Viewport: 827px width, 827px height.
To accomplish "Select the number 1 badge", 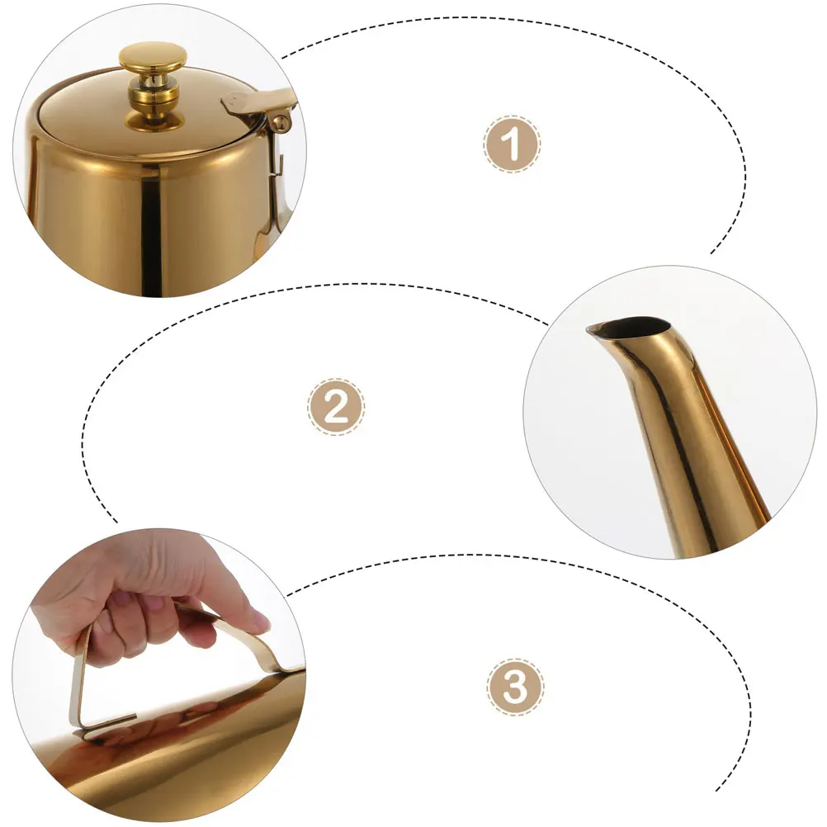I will tap(512, 144).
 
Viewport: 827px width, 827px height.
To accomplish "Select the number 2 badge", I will tap(336, 407).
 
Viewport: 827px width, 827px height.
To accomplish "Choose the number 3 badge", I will tap(515, 687).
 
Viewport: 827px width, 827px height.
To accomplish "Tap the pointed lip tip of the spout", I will tap(590, 332).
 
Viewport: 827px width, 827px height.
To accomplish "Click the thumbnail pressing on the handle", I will tap(258, 621).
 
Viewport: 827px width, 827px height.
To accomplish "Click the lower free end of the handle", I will tap(82, 726).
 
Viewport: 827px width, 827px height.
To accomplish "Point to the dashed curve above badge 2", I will tap(330, 286).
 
